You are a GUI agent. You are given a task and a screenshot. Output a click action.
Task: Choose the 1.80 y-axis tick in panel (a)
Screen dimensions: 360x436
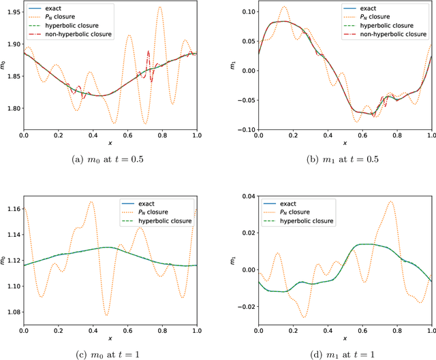tap(12, 108)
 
